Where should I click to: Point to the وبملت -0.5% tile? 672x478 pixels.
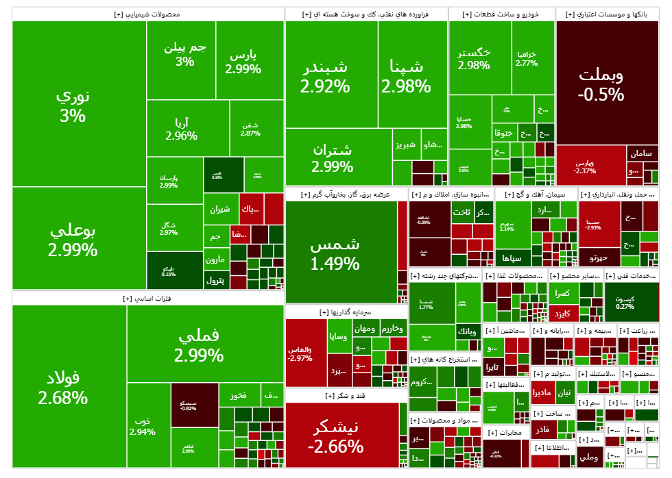601,84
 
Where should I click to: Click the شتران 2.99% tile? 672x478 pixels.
332,158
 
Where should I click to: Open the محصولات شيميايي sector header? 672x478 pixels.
148,14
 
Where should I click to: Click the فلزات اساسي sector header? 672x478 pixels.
148,299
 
